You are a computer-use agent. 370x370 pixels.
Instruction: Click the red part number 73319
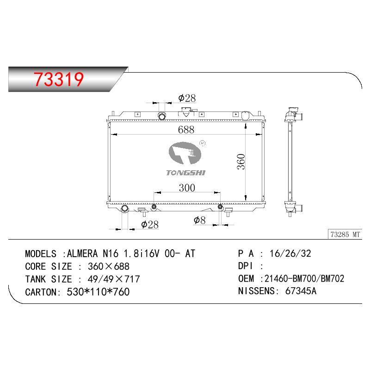(x=59, y=79)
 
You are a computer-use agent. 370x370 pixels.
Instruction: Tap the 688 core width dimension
(x=186, y=130)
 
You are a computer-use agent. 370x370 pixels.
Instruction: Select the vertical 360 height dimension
(x=241, y=161)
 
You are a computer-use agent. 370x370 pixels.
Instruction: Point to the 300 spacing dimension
(x=187, y=188)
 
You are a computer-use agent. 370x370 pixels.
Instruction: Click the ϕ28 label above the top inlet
(x=187, y=98)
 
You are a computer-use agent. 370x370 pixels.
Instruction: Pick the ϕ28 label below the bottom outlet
(x=150, y=224)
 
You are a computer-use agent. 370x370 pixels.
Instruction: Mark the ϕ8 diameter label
(x=200, y=221)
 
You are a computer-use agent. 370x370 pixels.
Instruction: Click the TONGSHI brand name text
(x=186, y=173)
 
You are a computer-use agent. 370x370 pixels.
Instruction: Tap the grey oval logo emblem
(x=185, y=153)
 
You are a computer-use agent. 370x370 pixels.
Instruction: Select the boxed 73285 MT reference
(x=345, y=234)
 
